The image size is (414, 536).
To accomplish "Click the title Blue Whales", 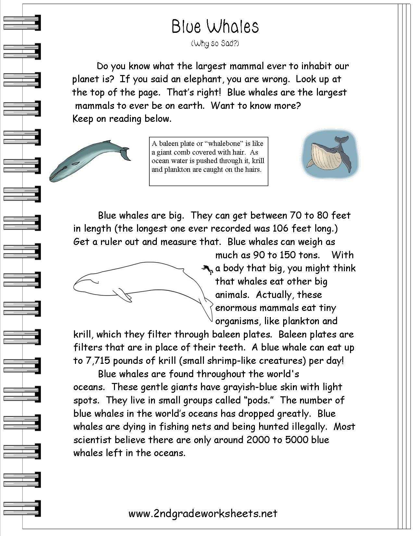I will point(215,27).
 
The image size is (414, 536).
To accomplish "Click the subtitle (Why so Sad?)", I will point(215,43).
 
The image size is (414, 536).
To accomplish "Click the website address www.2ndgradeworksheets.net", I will point(203,513).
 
